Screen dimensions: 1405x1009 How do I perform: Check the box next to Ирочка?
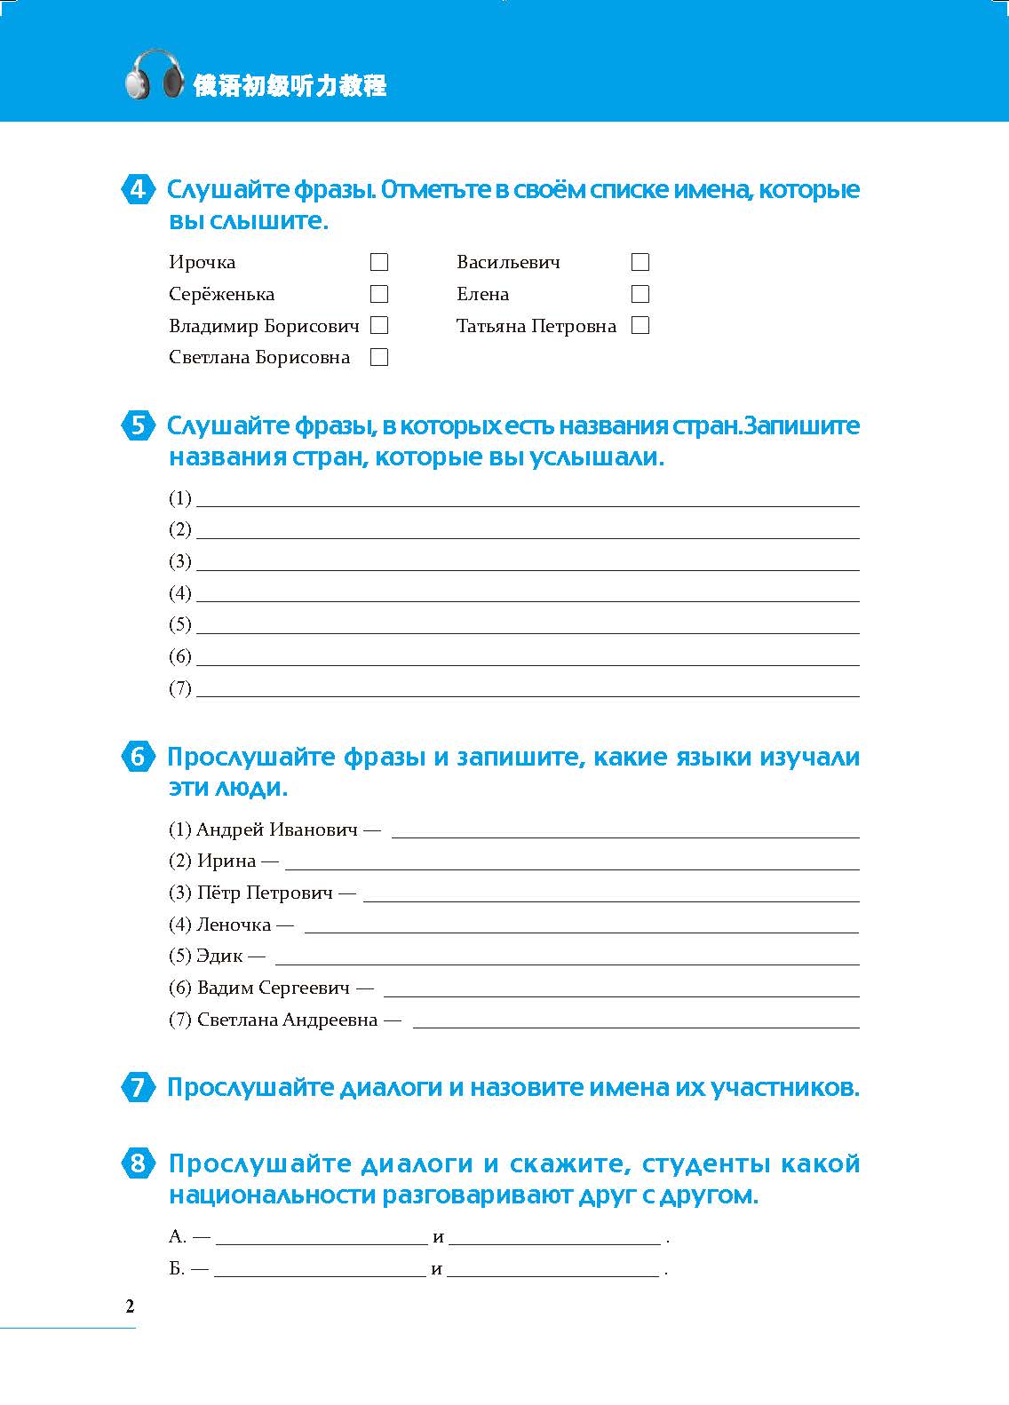point(379,262)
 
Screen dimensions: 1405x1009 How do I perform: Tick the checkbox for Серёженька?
point(379,294)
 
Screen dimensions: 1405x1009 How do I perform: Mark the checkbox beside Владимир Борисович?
point(379,326)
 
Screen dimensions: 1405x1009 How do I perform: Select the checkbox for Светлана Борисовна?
point(379,358)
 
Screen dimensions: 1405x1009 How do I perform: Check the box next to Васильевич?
point(640,262)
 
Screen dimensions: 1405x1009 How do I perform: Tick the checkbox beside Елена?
point(640,294)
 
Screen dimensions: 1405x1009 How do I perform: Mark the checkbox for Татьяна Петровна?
point(640,326)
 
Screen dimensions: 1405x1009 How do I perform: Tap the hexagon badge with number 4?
point(138,190)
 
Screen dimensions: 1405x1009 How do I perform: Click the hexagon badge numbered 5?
point(138,426)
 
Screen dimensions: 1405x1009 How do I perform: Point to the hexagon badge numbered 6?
point(138,758)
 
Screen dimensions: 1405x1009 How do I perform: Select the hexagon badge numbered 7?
point(138,1088)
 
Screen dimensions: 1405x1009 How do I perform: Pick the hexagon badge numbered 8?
point(138,1163)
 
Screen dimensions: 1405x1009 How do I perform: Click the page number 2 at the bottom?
point(131,1306)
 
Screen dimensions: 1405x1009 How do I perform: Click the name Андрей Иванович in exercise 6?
point(276,830)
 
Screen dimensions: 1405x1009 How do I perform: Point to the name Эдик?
point(219,957)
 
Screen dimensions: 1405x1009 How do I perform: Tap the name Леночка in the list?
point(234,925)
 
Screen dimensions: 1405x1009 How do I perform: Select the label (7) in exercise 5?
point(180,688)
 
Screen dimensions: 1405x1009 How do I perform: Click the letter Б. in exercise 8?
point(177,1269)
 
